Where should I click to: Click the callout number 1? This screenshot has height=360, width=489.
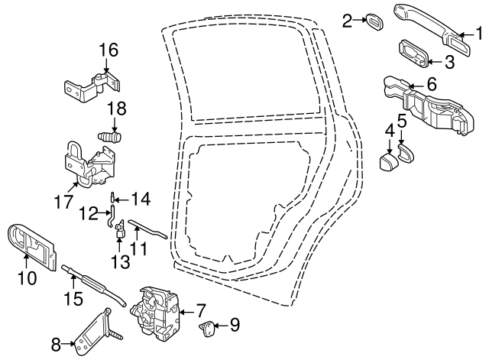click(x=480, y=34)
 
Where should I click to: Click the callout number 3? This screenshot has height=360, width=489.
click(x=449, y=63)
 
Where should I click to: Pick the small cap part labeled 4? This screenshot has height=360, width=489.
click(x=389, y=161)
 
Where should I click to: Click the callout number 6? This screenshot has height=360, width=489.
click(x=431, y=85)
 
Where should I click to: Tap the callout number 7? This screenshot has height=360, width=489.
click(x=201, y=311)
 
